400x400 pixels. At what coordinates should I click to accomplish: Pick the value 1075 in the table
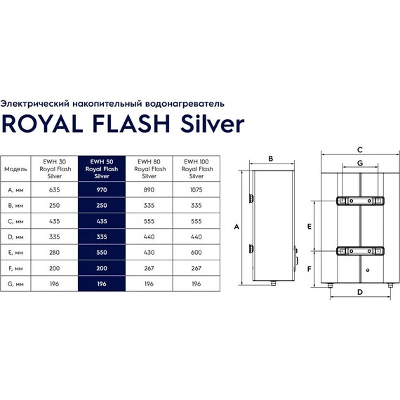point(196,189)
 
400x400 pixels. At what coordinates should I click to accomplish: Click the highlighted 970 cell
point(102,189)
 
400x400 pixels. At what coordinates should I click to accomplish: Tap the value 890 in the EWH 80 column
point(149,189)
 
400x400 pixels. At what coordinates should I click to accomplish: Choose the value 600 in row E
point(196,251)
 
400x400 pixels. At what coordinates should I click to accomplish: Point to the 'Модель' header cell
point(16,169)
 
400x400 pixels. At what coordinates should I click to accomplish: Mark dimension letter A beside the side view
point(237,227)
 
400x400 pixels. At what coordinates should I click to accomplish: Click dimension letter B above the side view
point(271,159)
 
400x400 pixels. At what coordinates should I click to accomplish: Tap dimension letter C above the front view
point(359,149)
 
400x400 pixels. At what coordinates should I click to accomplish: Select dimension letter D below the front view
point(359,291)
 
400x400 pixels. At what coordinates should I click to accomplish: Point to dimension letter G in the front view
point(359,163)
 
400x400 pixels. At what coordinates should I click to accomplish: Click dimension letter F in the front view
point(309,266)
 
